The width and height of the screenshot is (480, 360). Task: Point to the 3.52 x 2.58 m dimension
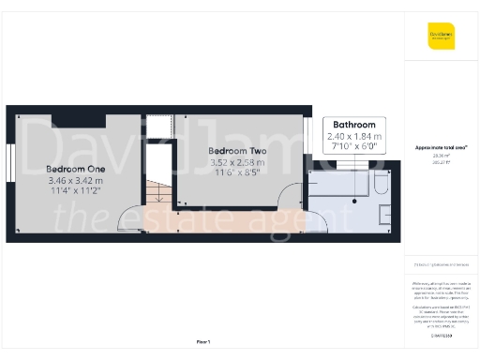coord(236,162)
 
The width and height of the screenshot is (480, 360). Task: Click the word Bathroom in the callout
coord(354,126)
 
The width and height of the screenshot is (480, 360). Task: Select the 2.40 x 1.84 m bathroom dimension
coord(354,136)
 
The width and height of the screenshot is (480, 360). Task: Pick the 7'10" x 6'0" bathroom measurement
coord(354,145)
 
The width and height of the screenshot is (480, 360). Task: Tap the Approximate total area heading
coord(442,147)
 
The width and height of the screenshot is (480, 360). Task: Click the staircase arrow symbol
coord(159,194)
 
